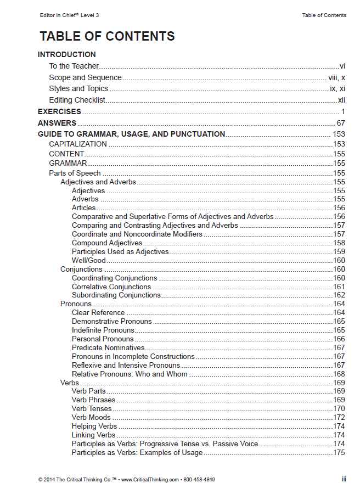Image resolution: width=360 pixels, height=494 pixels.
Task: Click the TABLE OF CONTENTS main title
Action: pyautogui.click(x=107, y=36)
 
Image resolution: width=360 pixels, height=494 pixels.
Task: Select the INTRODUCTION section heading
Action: pyautogui.click(x=66, y=54)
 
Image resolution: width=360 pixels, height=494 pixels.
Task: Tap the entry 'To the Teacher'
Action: pyautogui.click(x=74, y=66)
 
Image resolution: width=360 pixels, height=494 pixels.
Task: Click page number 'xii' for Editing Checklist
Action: pyautogui.click(x=341, y=100)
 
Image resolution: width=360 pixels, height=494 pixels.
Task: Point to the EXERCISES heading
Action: pyautogui.click(x=59, y=111)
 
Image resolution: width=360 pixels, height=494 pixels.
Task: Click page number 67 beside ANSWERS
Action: pyautogui.click(x=340, y=123)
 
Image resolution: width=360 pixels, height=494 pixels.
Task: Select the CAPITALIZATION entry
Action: pyautogui.click(x=78, y=144)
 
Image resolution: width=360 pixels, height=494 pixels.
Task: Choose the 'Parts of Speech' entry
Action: pyautogui.click(x=75, y=173)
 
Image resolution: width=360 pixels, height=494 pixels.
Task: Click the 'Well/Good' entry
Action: pyautogui.click(x=88, y=260)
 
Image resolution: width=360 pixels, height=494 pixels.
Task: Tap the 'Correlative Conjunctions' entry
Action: pyautogui.click(x=111, y=287)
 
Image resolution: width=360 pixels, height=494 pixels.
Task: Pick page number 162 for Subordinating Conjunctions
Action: pyautogui.click(x=339, y=295)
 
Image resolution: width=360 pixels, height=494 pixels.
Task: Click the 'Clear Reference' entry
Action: pyautogui.click(x=98, y=312)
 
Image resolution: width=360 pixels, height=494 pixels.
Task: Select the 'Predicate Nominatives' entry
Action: pyautogui.click(x=108, y=347)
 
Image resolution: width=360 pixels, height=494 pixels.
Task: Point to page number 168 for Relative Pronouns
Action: pyautogui.click(x=339, y=374)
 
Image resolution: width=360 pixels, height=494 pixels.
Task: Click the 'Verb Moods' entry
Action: pyautogui.click(x=91, y=418)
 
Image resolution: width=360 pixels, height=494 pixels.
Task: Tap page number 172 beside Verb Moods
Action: pyautogui.click(x=339, y=418)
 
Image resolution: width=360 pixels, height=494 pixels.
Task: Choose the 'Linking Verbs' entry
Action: pyautogui.click(x=93, y=435)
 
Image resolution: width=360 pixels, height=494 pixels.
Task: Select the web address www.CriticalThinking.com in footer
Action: pyautogui.click(x=150, y=479)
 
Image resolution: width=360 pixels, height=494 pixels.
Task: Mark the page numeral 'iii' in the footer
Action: pyautogui.click(x=344, y=479)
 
